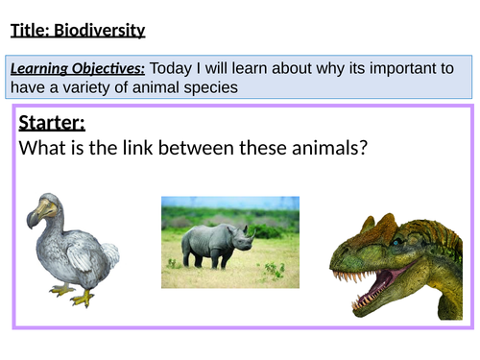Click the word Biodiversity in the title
pos(101,31)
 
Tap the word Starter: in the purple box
pos(52,124)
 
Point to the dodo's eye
pos(48,204)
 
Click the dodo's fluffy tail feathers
pos(109,255)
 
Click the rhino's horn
pos(252,231)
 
